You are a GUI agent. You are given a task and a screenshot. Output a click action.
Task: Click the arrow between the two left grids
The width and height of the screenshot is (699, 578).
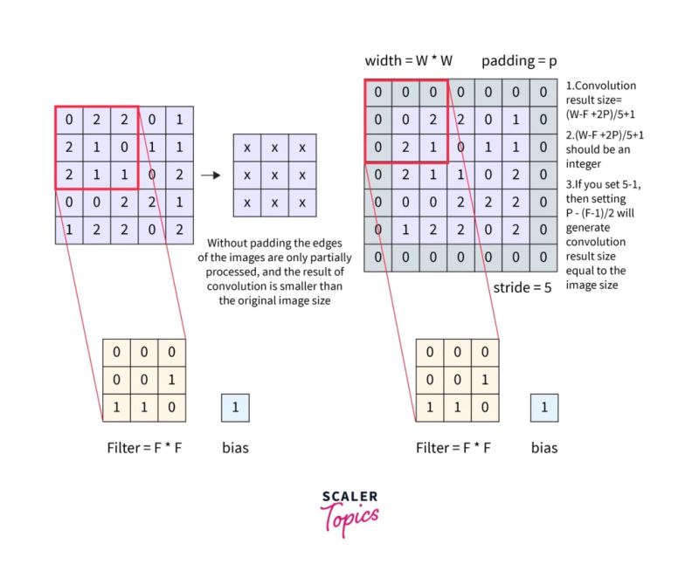point(209,175)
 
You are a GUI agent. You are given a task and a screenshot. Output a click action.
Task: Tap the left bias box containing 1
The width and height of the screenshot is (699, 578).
point(236,407)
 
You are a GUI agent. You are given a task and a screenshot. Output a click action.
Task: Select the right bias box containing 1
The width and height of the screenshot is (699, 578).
point(544,407)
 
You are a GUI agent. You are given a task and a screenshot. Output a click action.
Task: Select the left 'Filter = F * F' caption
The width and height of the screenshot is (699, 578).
point(144,448)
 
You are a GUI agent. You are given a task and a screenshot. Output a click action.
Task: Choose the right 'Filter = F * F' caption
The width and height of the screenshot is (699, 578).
point(453,448)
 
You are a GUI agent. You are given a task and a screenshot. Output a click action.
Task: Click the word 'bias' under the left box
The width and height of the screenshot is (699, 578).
point(236,448)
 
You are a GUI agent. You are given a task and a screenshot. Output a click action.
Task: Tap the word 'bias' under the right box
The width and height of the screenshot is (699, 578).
point(544,448)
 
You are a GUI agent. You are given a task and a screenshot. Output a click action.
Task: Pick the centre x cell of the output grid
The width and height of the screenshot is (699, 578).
point(274,175)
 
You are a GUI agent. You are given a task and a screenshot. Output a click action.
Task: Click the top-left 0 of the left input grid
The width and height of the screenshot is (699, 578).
point(69,119)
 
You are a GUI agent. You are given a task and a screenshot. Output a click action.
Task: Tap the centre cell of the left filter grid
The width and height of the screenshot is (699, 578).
point(144,380)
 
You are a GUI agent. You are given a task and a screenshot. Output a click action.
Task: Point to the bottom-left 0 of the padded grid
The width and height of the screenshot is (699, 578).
point(377,257)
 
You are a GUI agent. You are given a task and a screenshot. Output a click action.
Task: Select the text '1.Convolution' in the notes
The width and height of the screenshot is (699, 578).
point(601,86)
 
